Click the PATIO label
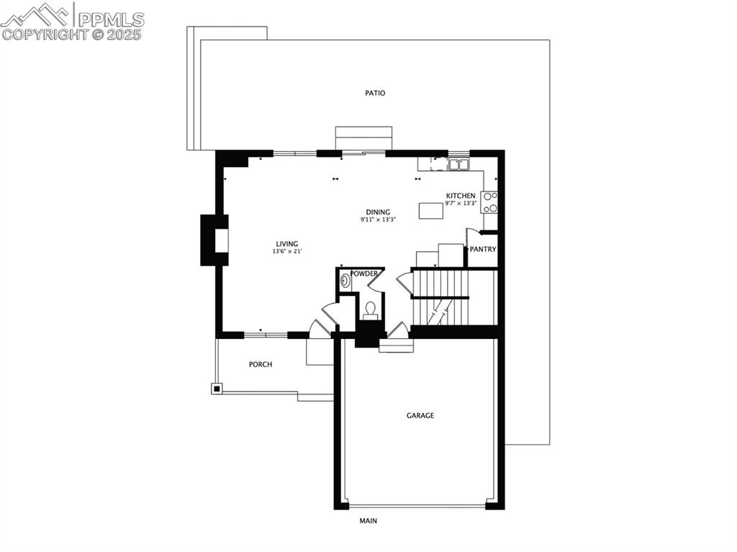(374, 93)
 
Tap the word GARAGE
(420, 415)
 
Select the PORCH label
(261, 364)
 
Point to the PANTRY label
(483, 250)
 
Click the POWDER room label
(364, 273)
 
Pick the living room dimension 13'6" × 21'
(286, 251)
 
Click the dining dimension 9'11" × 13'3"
(378, 220)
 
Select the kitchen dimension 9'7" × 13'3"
(461, 204)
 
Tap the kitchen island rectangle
(431, 210)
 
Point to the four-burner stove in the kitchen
(489, 202)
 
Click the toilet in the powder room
(371, 309)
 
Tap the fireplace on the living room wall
(215, 240)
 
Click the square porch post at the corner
(217, 389)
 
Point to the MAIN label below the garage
(368, 520)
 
